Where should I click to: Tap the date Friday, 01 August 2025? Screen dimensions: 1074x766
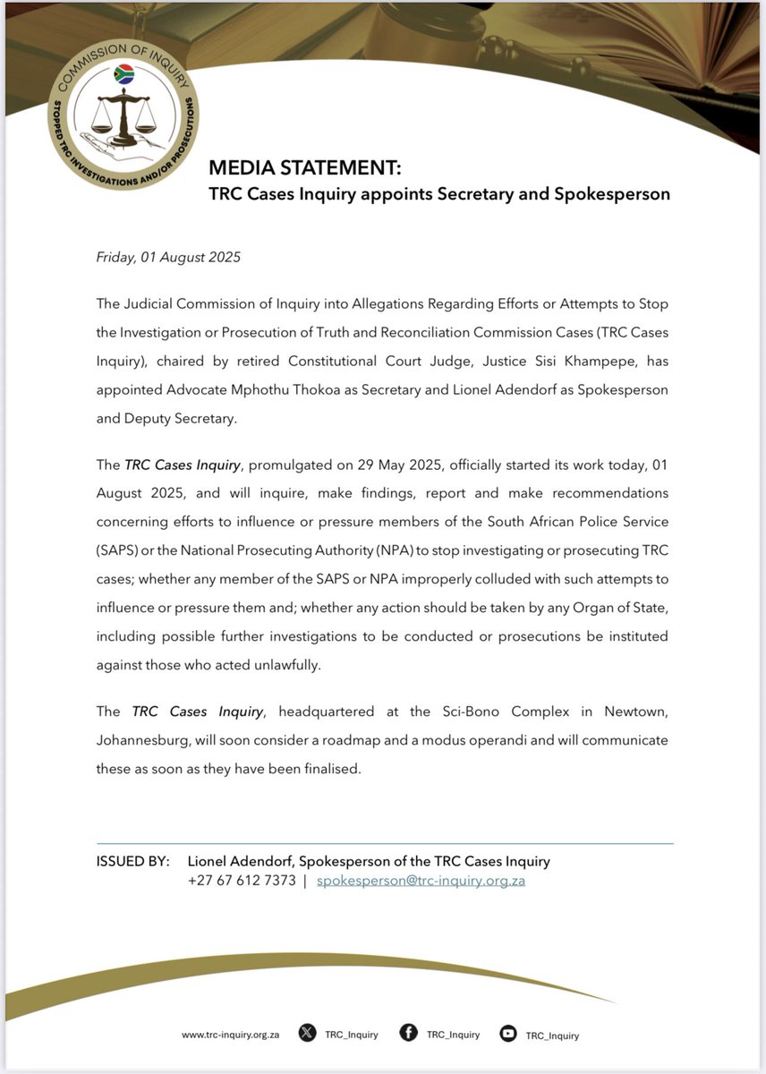tap(168, 257)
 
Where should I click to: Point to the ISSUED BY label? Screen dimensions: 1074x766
tap(132, 861)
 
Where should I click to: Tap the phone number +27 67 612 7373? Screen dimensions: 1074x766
tap(242, 881)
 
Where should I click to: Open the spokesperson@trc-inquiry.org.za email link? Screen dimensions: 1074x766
tap(421, 881)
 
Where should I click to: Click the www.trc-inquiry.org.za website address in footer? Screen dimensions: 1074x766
tap(230, 1035)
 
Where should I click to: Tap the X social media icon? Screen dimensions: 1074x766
tap(307, 1034)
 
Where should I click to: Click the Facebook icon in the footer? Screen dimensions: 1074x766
tap(408, 1034)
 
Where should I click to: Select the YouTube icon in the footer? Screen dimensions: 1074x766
tap(508, 1034)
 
